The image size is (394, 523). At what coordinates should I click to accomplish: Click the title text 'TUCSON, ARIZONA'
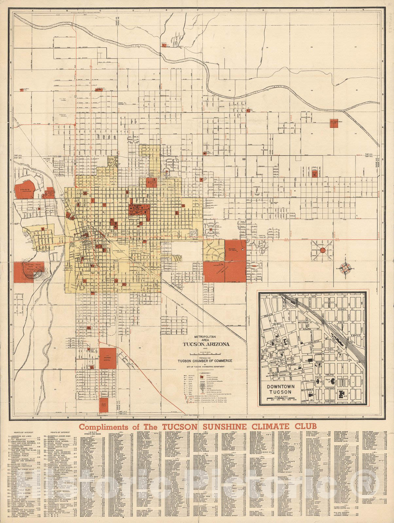click(206, 344)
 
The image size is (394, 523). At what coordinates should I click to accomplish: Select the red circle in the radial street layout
click(322, 250)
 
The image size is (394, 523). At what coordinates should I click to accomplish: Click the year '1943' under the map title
click(205, 349)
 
